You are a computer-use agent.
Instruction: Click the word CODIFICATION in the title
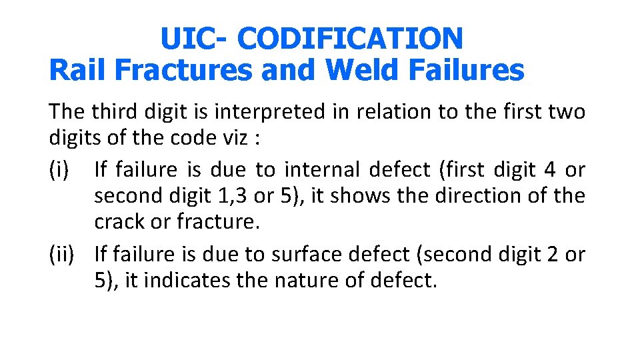tap(350, 39)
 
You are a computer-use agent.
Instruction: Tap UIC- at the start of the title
tap(194, 39)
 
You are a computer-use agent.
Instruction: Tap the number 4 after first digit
tap(549, 170)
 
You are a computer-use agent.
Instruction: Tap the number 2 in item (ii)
tap(550, 254)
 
